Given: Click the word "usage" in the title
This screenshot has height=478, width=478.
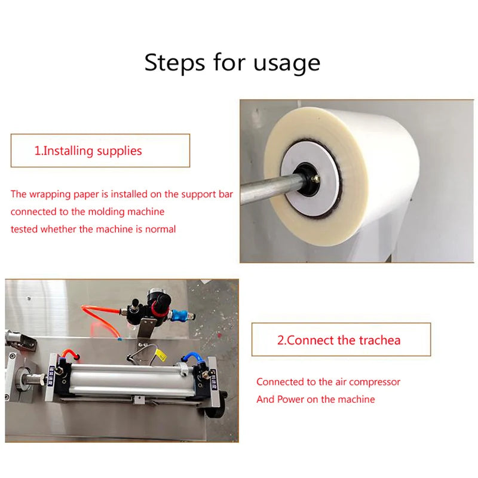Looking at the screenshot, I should [x=286, y=62].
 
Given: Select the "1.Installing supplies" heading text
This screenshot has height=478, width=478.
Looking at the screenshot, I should [x=88, y=151].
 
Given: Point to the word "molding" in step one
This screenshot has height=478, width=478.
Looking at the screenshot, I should [x=105, y=212].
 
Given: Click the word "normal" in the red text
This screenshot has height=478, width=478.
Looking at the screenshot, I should [x=157, y=229].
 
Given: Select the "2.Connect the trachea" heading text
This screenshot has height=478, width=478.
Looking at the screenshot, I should [x=339, y=340].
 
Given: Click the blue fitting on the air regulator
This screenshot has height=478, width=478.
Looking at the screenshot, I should [x=179, y=314].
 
